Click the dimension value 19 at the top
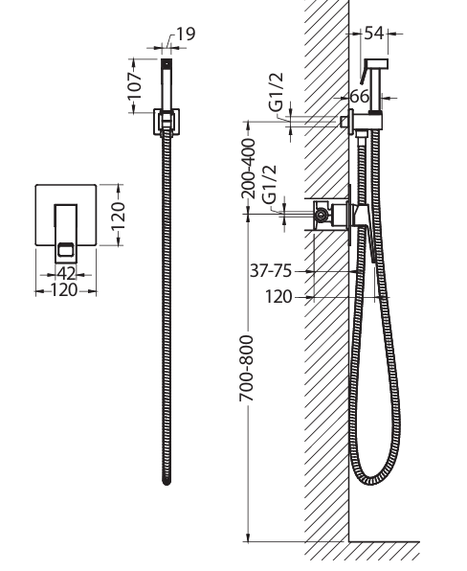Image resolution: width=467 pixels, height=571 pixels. coord(186,34)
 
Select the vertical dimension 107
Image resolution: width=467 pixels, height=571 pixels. coord(134,86)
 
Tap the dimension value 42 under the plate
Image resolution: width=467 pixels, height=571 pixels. coord(66,273)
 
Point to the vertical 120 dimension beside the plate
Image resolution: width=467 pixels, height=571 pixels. coord(119,216)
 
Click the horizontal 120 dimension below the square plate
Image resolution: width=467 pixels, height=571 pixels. coord(64,290)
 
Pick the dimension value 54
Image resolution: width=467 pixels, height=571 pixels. coord(374,34)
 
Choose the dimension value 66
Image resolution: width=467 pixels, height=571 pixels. coord(360,97)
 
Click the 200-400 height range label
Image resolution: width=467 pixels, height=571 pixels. coord(249,169)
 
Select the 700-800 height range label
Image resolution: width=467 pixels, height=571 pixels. coord(247,369)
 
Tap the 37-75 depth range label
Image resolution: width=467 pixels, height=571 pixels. coord(271,271)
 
